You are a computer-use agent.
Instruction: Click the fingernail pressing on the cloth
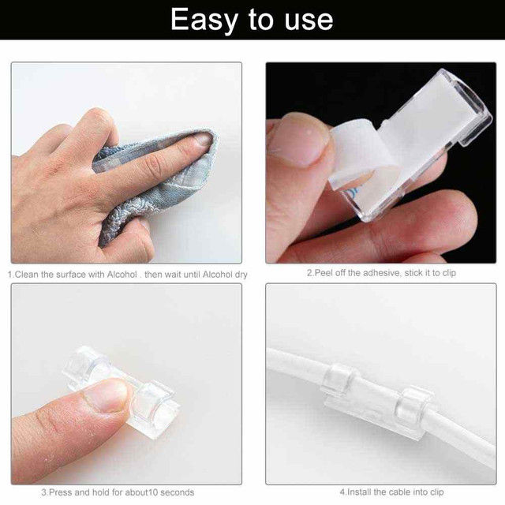coord(202,140)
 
